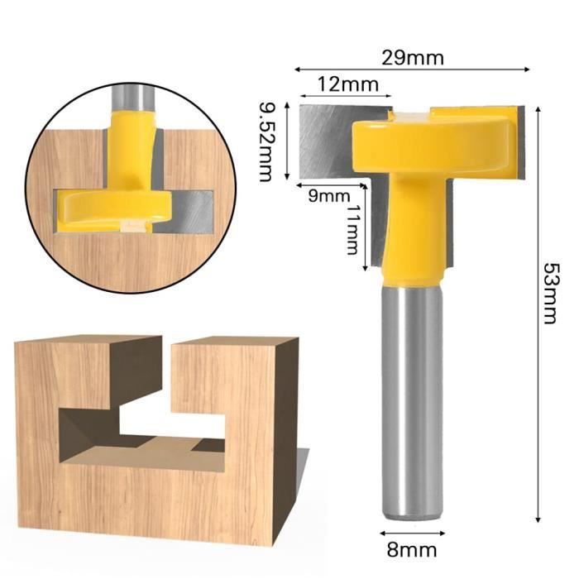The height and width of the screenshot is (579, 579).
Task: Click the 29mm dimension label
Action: [413, 58]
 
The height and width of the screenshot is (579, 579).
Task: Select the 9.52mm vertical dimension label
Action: [266, 141]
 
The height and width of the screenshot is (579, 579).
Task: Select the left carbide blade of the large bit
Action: [328, 141]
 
